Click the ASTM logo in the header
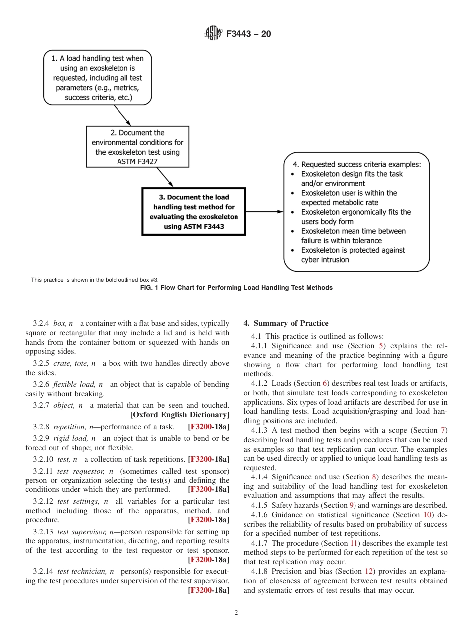213,34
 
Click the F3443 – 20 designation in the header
248,34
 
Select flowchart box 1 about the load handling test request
97,78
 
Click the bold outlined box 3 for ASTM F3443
194,212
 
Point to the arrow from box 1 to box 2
122,115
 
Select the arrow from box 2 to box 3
165,177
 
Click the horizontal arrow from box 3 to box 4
264,212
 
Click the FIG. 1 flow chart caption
236,288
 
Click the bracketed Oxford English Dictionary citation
179,415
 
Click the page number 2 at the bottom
236,613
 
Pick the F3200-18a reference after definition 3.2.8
209,427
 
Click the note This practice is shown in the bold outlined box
95,280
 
